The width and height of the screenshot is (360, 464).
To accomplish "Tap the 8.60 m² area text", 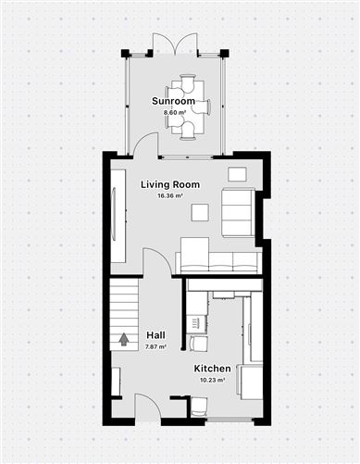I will [174, 112].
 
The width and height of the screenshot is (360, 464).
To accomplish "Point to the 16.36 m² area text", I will [169, 196].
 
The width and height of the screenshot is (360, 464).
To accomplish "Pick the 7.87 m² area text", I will [155, 346].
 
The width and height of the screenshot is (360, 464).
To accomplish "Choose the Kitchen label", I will [212, 369].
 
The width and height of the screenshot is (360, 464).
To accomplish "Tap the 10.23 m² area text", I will [212, 380].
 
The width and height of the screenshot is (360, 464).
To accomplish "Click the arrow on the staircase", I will [122, 341].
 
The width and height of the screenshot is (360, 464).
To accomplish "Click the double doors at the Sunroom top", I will [174, 44].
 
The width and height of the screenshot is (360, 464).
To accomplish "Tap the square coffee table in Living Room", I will [200, 212].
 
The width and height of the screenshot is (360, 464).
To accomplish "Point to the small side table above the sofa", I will [238, 173].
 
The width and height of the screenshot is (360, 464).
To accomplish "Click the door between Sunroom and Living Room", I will [143, 144].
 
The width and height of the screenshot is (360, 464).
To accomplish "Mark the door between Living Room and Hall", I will [157, 261].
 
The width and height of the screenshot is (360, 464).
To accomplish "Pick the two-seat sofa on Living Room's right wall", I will [239, 211].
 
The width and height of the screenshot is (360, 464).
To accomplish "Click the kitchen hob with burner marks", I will [194, 323].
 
